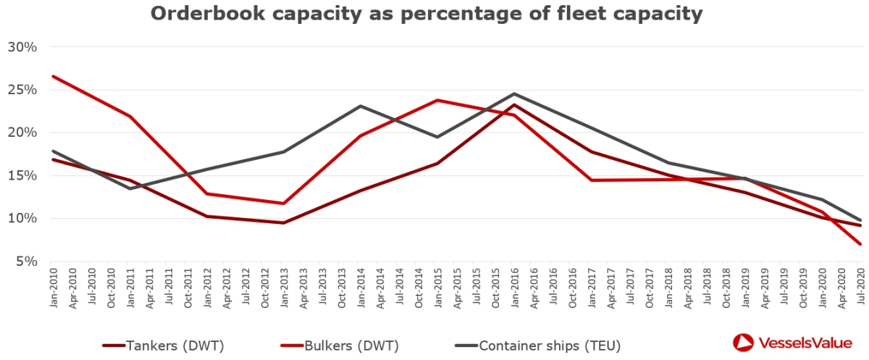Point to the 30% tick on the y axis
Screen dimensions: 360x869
tap(22, 47)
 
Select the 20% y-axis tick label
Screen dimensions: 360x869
tap(22, 133)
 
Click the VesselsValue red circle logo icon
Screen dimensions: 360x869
tap(744, 343)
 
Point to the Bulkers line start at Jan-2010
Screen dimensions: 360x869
tap(54, 76)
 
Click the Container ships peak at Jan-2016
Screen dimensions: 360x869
tap(514, 93)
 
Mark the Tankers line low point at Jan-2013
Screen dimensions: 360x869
tap(284, 222)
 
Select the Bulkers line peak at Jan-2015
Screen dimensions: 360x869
tap(437, 100)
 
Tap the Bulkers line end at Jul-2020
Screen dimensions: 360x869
tap(860, 244)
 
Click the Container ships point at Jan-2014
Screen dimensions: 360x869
tap(361, 106)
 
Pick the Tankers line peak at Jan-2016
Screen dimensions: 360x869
tap(514, 105)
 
